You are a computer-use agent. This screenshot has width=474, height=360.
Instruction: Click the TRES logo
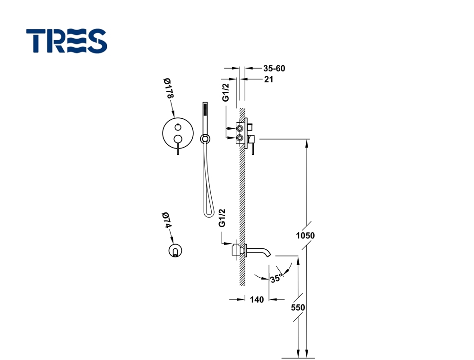(x=67, y=41)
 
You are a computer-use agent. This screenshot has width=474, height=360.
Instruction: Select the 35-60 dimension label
(x=274, y=69)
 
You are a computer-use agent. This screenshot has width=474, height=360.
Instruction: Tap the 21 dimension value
(x=269, y=79)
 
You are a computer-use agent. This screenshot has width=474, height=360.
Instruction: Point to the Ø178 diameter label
(x=169, y=88)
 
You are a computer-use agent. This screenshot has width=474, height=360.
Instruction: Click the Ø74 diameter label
(x=166, y=220)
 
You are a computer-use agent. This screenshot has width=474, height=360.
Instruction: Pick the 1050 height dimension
(x=305, y=236)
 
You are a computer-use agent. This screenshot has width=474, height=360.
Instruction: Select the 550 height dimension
(x=298, y=307)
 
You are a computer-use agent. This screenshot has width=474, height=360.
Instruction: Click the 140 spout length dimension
(x=257, y=299)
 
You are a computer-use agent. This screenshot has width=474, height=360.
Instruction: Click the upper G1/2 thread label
(x=226, y=92)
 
